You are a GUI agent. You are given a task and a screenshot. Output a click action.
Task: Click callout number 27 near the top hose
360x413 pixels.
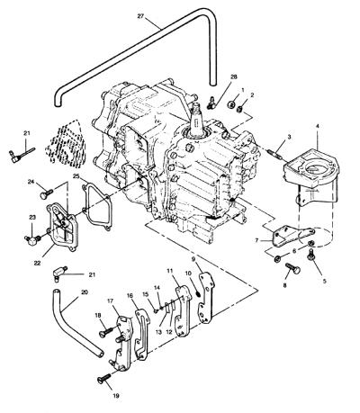pos(140,16)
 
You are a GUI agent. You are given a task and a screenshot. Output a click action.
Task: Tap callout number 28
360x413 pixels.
pos(234,76)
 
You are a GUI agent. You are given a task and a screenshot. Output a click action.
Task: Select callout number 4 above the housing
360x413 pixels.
pos(318,126)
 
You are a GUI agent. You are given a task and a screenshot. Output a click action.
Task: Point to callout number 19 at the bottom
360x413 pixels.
pos(116,396)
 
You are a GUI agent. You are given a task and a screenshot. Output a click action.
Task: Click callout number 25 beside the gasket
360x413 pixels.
pos(76,176)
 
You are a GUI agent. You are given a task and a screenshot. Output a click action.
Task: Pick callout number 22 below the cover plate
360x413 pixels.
pos(37,263)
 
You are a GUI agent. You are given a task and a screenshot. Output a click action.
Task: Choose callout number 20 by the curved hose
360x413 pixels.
pos(85,292)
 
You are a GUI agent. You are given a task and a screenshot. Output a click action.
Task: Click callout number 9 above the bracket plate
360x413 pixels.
pos(193,258)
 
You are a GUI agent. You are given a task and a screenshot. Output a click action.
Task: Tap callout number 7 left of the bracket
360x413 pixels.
pos(256,240)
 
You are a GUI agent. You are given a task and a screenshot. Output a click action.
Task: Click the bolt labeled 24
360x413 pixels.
pos(47,193)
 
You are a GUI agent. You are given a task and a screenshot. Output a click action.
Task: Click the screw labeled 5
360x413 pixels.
pos(310,255)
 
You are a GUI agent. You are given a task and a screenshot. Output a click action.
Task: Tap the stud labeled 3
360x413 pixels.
pos(274,153)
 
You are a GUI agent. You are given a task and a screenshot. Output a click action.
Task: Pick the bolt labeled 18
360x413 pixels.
pos(105,332)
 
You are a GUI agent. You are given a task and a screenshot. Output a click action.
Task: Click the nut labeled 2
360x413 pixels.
pos(240,110)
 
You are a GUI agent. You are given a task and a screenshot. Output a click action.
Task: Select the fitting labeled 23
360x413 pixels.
pos(32,239)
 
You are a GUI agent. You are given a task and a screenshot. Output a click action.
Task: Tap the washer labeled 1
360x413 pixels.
pos(231,104)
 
